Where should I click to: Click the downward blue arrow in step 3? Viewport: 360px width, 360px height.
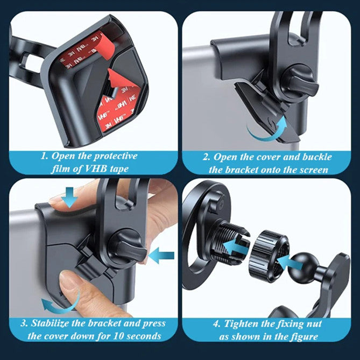coord(69,197)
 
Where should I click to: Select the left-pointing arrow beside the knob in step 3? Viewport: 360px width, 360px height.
coord(161,255)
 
